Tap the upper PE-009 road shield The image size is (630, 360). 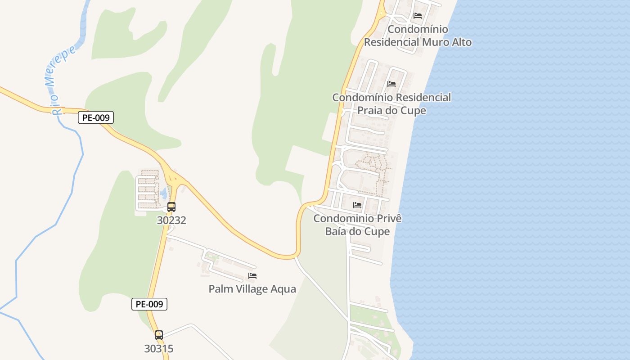pyautogui.click(x=96, y=118)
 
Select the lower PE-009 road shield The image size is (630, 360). pyautogui.click(x=149, y=304)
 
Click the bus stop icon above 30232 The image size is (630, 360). pyautogui.click(x=171, y=207)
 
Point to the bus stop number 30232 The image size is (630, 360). pyautogui.click(x=171, y=220)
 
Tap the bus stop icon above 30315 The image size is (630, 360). pyautogui.click(x=159, y=335)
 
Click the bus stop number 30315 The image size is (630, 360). pyautogui.click(x=159, y=349)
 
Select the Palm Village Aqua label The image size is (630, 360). pyautogui.click(x=252, y=289)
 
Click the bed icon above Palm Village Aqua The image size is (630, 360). pyautogui.click(x=252, y=276)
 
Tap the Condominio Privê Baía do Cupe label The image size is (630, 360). pyautogui.click(x=357, y=225)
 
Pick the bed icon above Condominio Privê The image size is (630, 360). pyautogui.click(x=357, y=205)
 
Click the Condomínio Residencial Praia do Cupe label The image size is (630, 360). pyautogui.click(x=391, y=104)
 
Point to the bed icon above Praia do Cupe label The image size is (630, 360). pyautogui.click(x=391, y=84)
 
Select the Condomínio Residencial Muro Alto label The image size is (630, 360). pyautogui.click(x=418, y=36)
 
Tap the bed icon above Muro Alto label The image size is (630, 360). pyautogui.click(x=418, y=16)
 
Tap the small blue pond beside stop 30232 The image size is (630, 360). pyautogui.click(x=163, y=194)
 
